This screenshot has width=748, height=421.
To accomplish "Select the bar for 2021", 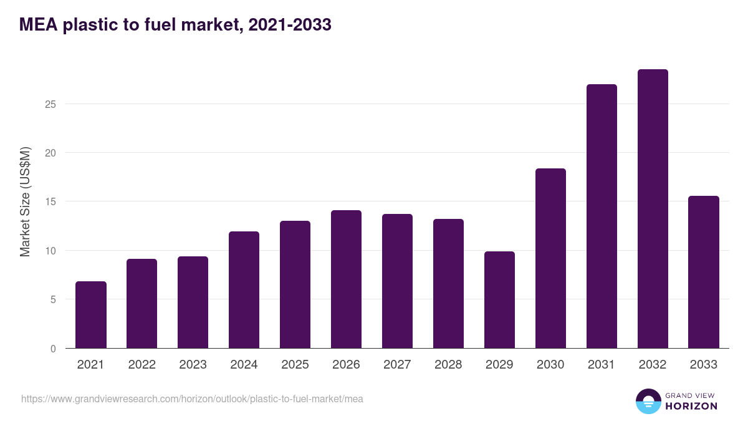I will tap(91, 315).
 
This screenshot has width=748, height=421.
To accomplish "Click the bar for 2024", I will tap(244, 290).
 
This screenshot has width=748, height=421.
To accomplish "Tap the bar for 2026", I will tap(346, 279).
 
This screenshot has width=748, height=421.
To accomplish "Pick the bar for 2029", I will tap(499, 300).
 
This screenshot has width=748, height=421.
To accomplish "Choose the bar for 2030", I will tap(550, 258).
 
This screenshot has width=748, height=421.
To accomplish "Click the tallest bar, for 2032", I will tap(653, 209).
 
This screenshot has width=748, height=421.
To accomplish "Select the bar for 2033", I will tap(704, 272).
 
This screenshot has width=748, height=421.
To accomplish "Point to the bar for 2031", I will tap(602, 216).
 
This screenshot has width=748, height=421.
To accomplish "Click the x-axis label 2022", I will tap(141, 365).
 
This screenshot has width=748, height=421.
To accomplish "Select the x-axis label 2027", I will tap(397, 365).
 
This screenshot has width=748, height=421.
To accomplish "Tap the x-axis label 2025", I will tap(295, 365).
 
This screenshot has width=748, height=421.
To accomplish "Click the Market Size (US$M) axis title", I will tap(25, 201).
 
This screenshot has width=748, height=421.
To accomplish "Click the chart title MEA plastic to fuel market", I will tap(175, 25).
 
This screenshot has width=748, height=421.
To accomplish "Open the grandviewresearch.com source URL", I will tap(192, 399).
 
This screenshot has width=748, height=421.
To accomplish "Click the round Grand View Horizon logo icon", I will tap(648, 401).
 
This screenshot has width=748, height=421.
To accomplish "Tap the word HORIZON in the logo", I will tap(691, 406).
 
